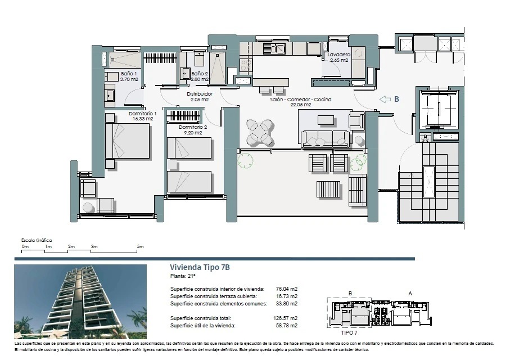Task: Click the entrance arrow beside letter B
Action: pos(385,99)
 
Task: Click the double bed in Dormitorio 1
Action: pos(127,141)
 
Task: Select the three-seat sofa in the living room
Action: pos(325,138)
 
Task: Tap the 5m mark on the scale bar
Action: pos(140,246)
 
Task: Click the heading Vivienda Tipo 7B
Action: pos(200,267)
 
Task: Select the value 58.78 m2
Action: pos(287,326)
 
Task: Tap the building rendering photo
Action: pos(80,301)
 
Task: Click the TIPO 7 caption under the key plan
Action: pos(349,332)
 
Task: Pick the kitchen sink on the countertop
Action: pos(274,49)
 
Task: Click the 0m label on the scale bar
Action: pos(25,246)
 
